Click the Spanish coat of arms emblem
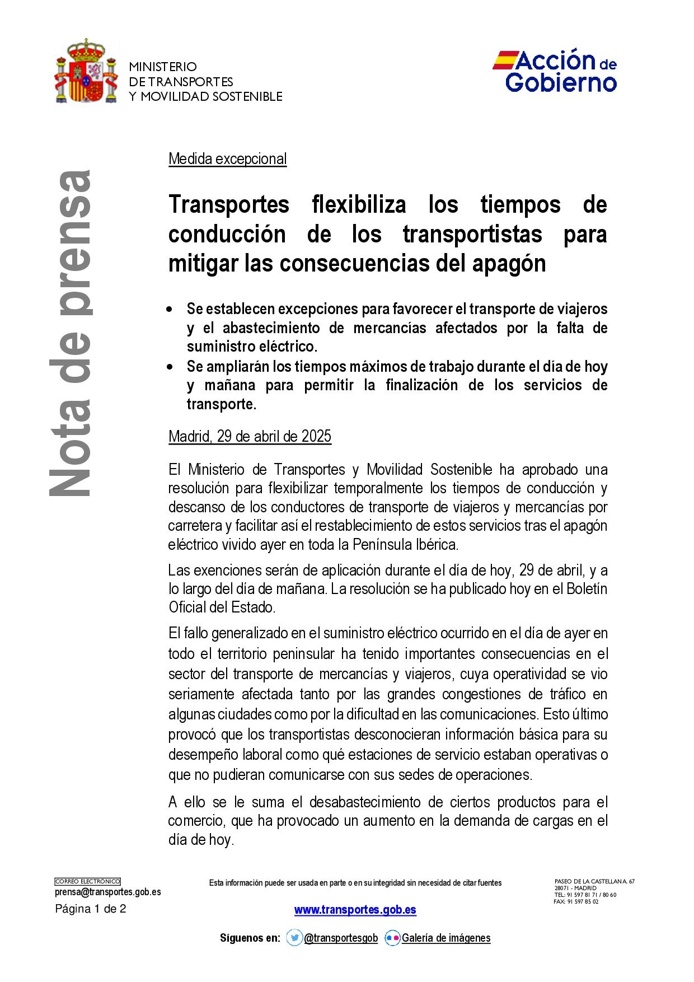tap(86, 72)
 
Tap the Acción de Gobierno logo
tap(555, 71)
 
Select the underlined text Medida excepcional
tap(227, 159)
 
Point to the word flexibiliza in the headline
tap(359, 204)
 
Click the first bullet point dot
tap(170, 310)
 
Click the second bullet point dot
tap(170, 367)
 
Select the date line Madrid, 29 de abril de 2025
tap(250, 436)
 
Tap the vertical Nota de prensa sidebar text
tap(71, 333)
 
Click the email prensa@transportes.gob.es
tap(107, 892)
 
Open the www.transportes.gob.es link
tap(355, 910)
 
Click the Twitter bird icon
tap(294, 938)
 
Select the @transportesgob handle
tap(341, 938)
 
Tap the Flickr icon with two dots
tap(392, 938)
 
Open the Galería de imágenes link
tap(446, 938)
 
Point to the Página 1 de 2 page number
tap(91, 909)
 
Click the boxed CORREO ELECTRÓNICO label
tap(87, 882)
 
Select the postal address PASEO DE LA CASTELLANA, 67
tap(594, 881)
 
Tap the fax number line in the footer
tap(576, 901)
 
